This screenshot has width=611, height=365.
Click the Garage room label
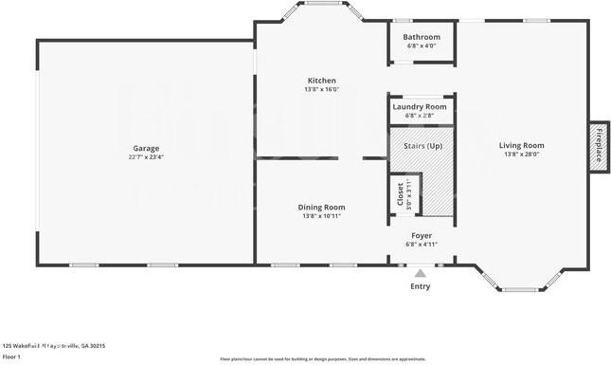coord(145,148)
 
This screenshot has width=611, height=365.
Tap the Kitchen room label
coord(322,81)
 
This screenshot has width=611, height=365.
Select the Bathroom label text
coord(422,37)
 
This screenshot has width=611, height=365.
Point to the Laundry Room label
coord(420,107)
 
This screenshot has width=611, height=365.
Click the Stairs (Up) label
coord(422,146)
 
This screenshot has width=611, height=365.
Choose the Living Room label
coord(523,145)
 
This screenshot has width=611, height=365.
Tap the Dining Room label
coord(322,207)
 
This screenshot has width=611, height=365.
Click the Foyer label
coord(422,235)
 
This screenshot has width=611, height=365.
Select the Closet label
coord(399,194)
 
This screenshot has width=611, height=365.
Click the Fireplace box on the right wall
coord(598,146)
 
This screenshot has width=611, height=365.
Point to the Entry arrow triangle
coord(420,273)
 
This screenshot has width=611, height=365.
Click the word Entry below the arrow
coord(420,286)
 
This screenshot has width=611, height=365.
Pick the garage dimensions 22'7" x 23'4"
coord(145,157)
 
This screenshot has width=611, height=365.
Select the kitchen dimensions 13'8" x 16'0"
coord(322,90)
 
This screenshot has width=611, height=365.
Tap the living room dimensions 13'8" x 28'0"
coord(523,155)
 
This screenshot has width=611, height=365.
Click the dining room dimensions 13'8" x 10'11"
coord(322,216)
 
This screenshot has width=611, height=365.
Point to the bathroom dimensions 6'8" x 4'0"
coord(422,46)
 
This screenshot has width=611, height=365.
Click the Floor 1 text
coord(12,357)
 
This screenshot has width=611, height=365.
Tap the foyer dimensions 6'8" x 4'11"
coord(422,245)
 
